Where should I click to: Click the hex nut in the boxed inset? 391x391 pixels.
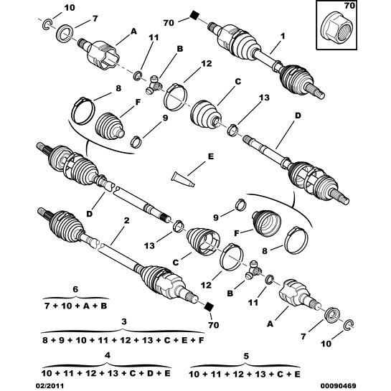pos(336,30)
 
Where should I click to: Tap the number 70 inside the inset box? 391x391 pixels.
pos(349,6)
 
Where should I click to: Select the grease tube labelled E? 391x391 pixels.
pos(183,179)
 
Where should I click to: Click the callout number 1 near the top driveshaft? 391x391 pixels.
pos(282,36)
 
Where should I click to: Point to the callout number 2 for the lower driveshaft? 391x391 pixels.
pos(126,220)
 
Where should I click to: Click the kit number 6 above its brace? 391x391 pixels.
pos(75,289)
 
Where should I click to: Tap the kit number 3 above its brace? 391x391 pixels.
pos(124,321)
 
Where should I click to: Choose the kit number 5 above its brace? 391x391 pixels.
pos(246,356)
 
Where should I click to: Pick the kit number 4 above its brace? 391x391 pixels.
pos(107,356)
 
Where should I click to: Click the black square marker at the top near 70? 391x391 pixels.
pos(194,15)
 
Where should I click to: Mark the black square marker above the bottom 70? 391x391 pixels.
pos(209,306)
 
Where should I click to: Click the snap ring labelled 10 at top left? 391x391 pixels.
pos(47,24)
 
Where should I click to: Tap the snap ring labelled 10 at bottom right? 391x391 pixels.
pos(348,324)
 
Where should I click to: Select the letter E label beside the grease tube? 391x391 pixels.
pos(210,156)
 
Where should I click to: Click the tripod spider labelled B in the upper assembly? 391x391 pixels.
pos(154,85)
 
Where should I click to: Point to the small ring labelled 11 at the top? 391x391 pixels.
pos(138,76)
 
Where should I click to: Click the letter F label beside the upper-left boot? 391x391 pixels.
pos(138,103)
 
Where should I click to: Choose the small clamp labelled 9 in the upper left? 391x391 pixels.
pos(136,141)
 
